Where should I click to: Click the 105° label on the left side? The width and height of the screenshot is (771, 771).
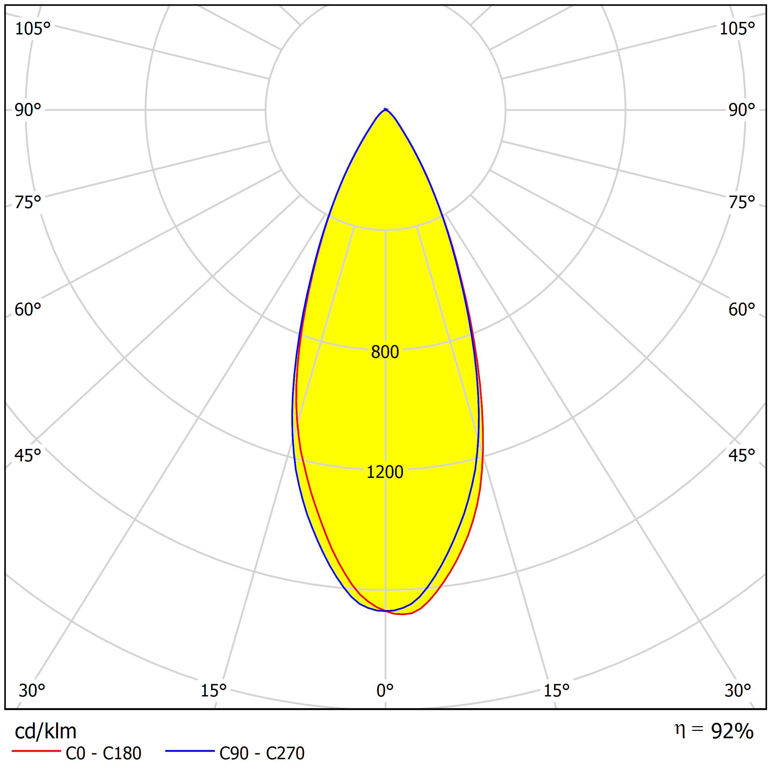pyautogui.click(x=33, y=29)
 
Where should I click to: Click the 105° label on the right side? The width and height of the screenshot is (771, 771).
pyautogui.click(x=737, y=29)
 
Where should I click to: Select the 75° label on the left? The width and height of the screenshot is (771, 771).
pyautogui.click(x=28, y=202)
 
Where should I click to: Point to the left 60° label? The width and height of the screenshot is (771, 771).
pyautogui.click(x=28, y=310)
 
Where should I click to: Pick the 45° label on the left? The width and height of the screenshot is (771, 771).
pyautogui.click(x=28, y=455)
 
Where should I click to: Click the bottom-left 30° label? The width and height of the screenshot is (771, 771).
pyautogui.click(x=32, y=691)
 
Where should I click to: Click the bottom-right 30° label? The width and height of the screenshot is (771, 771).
pyautogui.click(x=738, y=691)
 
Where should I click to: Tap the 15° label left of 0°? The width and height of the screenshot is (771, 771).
pyautogui.click(x=213, y=691)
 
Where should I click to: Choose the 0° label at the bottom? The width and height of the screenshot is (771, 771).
pyautogui.click(x=385, y=691)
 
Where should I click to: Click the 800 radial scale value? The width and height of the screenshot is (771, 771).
pyautogui.click(x=385, y=352)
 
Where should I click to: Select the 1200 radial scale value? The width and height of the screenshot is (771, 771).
pyautogui.click(x=385, y=472)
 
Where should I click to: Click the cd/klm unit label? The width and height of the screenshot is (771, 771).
pyautogui.click(x=46, y=731)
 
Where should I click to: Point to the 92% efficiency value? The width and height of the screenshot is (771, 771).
pyautogui.click(x=732, y=731)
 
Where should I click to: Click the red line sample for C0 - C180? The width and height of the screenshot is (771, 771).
pyautogui.click(x=36, y=751)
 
